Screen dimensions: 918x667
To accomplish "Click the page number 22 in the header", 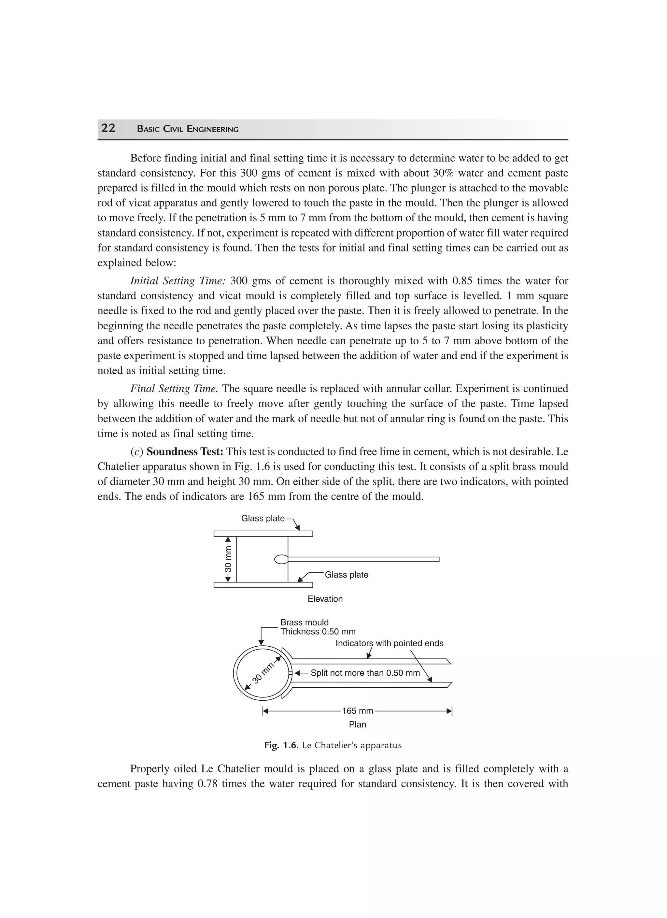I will tap(108, 128).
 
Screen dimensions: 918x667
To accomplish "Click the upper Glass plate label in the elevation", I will tap(263, 519).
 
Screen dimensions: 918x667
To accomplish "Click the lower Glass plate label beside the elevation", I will tap(347, 575).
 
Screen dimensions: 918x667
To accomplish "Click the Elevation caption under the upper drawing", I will tap(325, 599).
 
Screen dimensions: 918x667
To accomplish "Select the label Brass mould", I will tap(305, 622).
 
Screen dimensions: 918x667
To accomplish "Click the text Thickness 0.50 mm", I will tap(318, 631).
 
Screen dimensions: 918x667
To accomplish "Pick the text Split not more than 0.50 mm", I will tap(365, 673).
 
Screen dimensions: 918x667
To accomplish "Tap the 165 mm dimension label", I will tap(357, 711).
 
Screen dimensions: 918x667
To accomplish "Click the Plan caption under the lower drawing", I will tap(357, 724).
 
